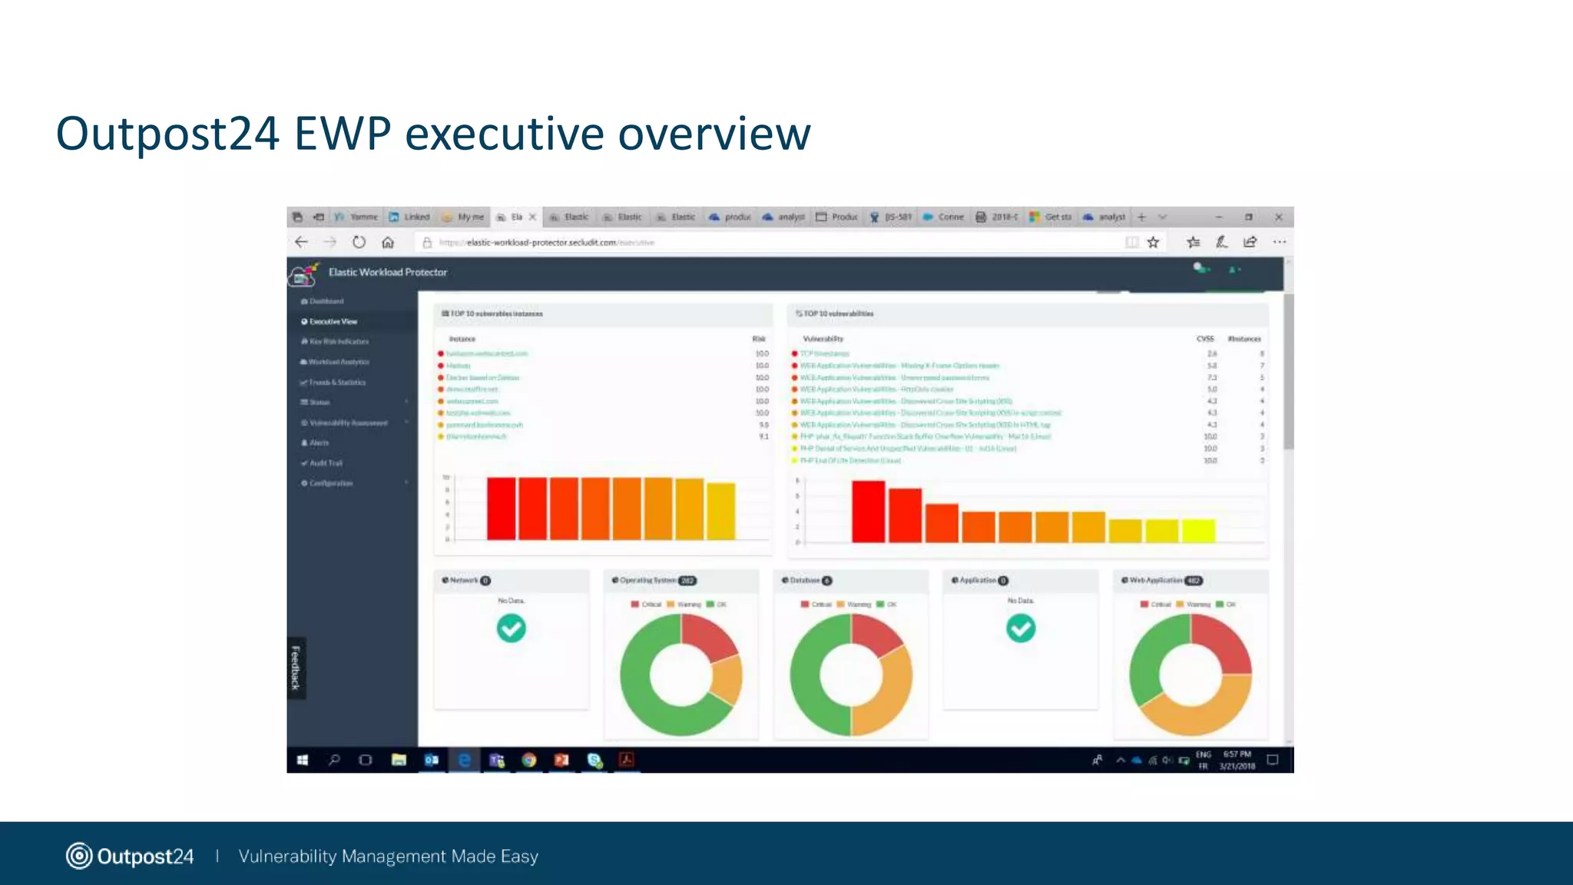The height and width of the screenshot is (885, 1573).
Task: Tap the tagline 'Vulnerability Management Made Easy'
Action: pyautogui.click(x=388, y=856)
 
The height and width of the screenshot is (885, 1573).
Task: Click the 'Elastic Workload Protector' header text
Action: pyautogui.click(x=387, y=272)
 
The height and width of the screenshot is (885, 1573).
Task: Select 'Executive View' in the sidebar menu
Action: pyautogui.click(x=333, y=321)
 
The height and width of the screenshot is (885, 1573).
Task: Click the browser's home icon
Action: pyautogui.click(x=388, y=243)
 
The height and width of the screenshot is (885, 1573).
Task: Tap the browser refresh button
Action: pyautogui.click(x=359, y=243)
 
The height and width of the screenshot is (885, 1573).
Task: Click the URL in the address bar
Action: pyautogui.click(x=542, y=243)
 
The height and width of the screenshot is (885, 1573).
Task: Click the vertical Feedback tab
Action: pyautogui.click(x=296, y=667)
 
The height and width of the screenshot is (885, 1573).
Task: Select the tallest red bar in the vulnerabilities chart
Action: pyautogui.click(x=868, y=512)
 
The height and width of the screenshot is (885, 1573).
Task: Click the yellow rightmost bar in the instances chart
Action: pyautogui.click(x=720, y=512)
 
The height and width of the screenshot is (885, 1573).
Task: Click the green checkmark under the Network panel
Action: pyautogui.click(x=511, y=628)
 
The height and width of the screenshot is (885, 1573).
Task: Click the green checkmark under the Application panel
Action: pyautogui.click(x=1020, y=628)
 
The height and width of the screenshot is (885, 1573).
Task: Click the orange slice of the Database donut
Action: pyautogui.click(x=887, y=695)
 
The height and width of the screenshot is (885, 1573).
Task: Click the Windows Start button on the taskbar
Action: pyautogui.click(x=303, y=760)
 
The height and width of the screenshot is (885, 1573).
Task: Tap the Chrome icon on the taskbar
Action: pyautogui.click(x=528, y=760)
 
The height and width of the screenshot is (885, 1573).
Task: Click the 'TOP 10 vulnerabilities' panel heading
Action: pyautogui.click(x=838, y=313)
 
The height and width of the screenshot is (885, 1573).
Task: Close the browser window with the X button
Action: pyautogui.click(x=1278, y=217)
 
